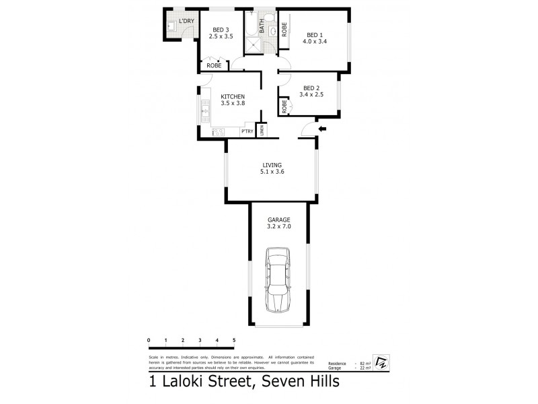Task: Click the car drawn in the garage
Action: click(278, 280)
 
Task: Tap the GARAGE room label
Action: click(278, 220)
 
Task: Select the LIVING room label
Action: click(272, 164)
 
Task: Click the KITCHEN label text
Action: click(233, 96)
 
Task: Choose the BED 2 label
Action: click(311, 88)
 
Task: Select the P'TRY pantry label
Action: click(245, 131)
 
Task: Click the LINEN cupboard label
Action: click(262, 129)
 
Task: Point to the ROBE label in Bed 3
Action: click(215, 65)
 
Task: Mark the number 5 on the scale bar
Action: click(233, 341)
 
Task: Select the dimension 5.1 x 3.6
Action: click(272, 172)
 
